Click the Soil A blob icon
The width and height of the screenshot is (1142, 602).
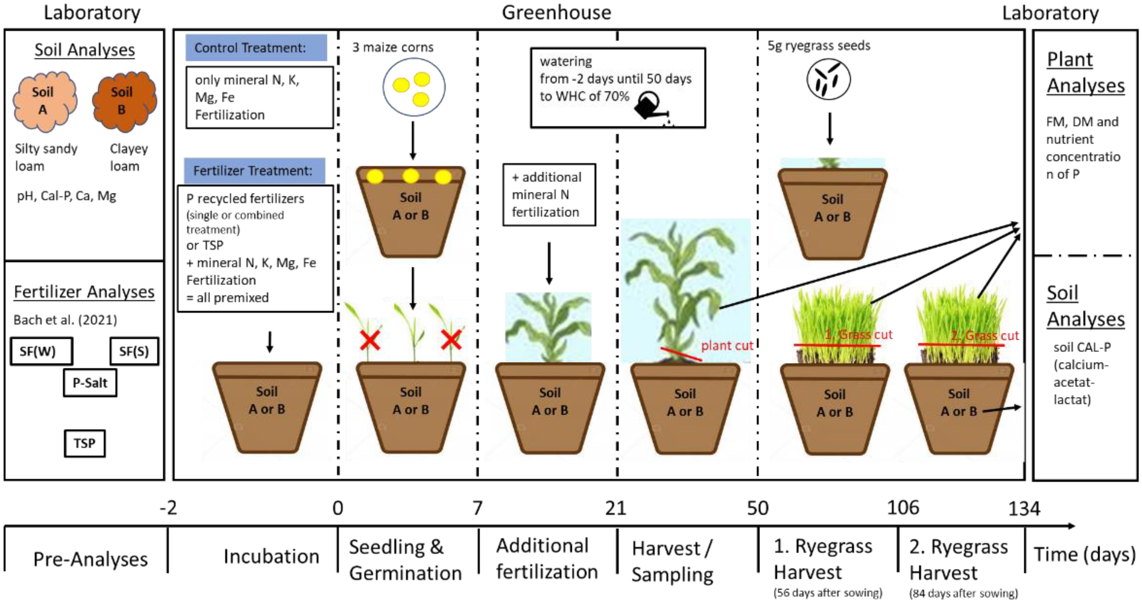(x=45, y=101)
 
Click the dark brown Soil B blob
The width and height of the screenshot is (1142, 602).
(x=124, y=101)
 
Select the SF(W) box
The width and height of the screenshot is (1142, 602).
(x=41, y=351)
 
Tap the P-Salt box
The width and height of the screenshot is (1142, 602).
(x=90, y=383)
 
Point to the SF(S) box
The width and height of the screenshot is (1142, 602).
(x=134, y=351)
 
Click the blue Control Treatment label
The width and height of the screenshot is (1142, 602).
(x=256, y=47)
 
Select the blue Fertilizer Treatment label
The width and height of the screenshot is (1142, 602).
(x=254, y=171)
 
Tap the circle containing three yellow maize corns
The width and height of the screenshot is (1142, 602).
(x=414, y=87)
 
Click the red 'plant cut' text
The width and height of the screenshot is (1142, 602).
(x=727, y=345)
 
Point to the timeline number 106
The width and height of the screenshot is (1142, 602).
(x=902, y=507)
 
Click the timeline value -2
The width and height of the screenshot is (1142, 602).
(x=168, y=507)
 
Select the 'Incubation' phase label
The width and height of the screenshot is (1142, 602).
(x=271, y=556)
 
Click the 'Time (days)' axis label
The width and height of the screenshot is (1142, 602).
(x=1084, y=555)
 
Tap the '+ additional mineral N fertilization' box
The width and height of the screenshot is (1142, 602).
(x=549, y=195)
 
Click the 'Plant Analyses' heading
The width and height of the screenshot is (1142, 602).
(x=1085, y=72)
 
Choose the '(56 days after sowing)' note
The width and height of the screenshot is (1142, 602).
(x=828, y=593)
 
